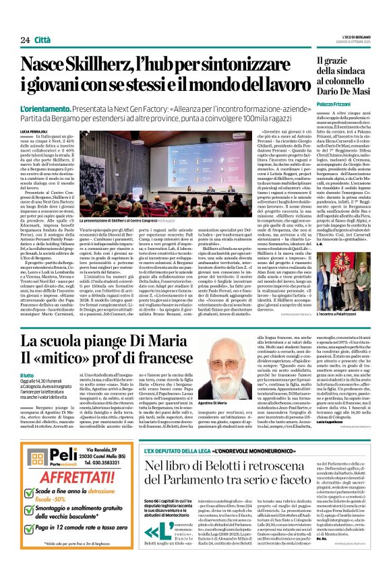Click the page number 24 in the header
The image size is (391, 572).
tap(25, 40)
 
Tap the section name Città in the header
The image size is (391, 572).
tap(44, 40)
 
